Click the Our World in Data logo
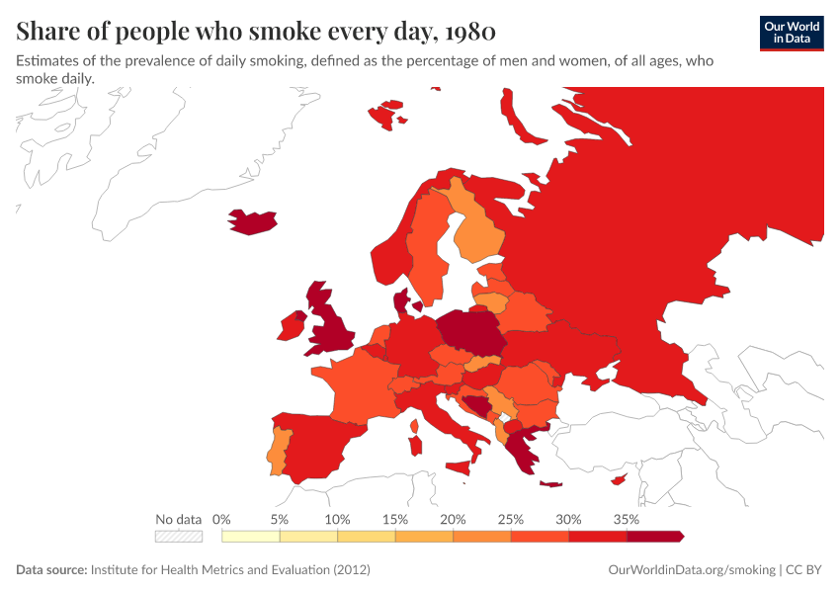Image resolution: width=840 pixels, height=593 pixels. pyautogui.click(x=792, y=33)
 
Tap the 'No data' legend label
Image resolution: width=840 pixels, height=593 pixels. pyautogui.click(x=178, y=519)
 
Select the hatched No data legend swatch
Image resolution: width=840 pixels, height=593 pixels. pyautogui.click(x=178, y=537)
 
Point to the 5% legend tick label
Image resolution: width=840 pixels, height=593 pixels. pyautogui.click(x=280, y=519)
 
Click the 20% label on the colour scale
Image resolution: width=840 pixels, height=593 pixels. pyautogui.click(x=453, y=519)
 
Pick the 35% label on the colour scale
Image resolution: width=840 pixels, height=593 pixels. pyautogui.click(x=627, y=519)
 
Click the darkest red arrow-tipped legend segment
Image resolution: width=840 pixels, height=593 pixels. pyautogui.click(x=654, y=537)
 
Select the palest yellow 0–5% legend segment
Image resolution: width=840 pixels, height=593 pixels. pyautogui.click(x=251, y=537)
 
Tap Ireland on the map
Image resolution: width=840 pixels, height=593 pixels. pyautogui.click(x=294, y=325)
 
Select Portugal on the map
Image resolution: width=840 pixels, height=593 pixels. pyautogui.click(x=279, y=448)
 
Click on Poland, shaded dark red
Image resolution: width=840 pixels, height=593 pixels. pyautogui.click(x=470, y=333)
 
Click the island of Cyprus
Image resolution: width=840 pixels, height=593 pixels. pyautogui.click(x=619, y=480)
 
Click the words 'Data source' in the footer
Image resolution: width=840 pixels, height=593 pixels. pyautogui.click(x=51, y=570)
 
